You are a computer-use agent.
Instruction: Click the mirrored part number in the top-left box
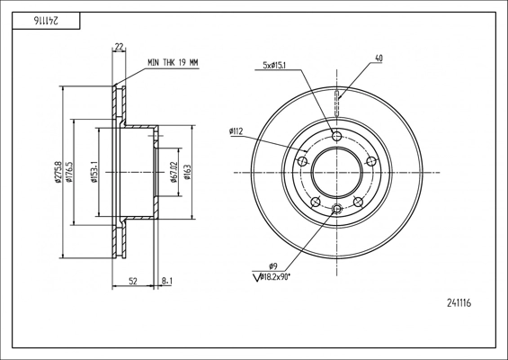46,21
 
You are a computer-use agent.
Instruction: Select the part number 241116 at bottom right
459,303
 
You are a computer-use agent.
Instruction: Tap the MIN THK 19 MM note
173,63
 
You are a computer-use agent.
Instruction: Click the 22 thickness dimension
119,47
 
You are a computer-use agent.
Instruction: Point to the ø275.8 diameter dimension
58,172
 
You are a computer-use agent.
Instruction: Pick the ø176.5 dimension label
68,172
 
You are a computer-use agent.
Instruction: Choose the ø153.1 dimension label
94,172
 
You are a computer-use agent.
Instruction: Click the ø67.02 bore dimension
174,172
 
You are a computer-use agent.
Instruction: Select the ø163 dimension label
187,172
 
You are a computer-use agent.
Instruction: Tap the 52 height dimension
133,281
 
